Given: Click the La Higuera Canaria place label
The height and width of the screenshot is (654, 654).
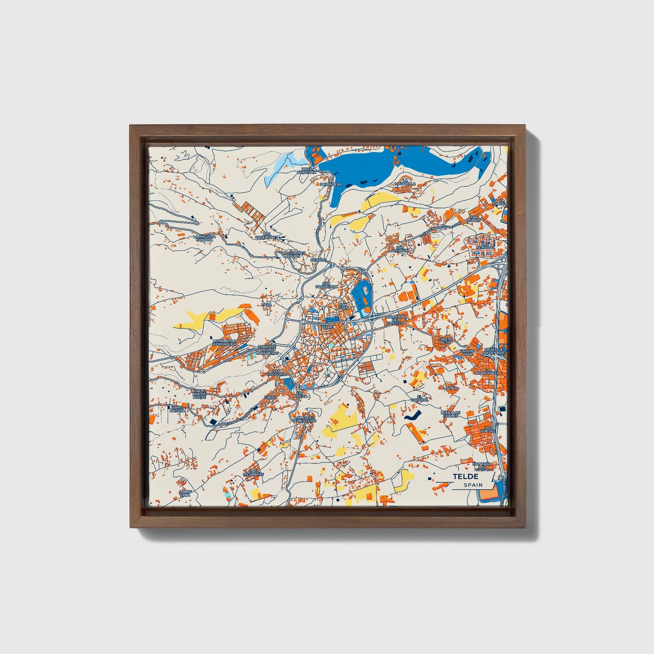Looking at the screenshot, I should [x=204, y=238].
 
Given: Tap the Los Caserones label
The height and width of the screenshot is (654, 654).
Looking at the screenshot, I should [x=266, y=236].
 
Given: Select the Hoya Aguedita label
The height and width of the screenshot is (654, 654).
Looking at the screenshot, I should [x=306, y=171].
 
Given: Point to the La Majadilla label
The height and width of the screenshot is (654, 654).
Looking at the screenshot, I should [x=405, y=182].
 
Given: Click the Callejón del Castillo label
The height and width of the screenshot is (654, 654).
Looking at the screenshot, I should [x=395, y=320].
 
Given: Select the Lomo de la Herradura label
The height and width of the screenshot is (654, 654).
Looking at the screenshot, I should [x=224, y=343].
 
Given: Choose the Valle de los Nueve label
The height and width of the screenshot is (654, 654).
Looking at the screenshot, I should [x=199, y=394].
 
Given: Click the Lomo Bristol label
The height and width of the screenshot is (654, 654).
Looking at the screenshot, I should [x=177, y=409].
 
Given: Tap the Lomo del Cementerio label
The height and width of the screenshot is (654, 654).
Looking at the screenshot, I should [x=304, y=419].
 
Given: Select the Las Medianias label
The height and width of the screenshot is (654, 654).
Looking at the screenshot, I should [x=253, y=473].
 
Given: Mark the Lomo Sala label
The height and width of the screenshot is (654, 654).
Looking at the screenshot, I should [x=185, y=493].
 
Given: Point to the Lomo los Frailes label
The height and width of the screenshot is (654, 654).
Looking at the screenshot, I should [x=451, y=414].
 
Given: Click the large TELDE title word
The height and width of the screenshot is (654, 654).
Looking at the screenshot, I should [x=465, y=477].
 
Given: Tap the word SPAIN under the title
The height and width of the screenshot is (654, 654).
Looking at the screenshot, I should [x=473, y=485].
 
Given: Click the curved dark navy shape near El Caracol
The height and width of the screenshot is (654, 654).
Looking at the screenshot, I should [x=412, y=417].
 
